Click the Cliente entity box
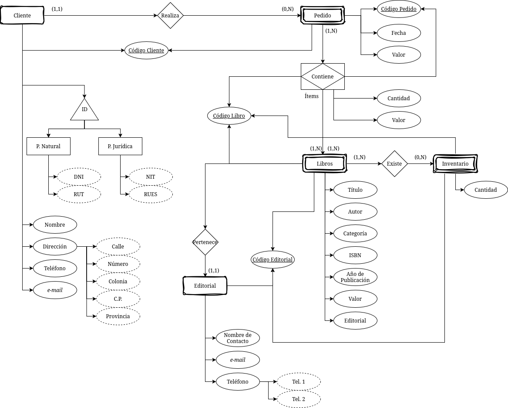22,16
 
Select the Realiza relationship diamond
170,16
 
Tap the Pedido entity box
323,16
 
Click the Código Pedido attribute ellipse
399,9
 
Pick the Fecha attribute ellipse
399,33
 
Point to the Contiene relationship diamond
323,77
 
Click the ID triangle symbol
84,111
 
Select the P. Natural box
48,146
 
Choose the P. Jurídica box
120,146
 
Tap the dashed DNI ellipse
79,177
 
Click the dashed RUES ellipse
151,194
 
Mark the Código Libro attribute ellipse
229,116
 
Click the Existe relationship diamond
394,164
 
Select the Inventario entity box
455,164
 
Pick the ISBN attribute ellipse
355,255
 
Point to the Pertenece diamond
205,242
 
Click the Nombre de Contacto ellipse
238,338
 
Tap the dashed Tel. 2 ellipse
299,399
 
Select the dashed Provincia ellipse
118,316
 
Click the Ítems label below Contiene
312,96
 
